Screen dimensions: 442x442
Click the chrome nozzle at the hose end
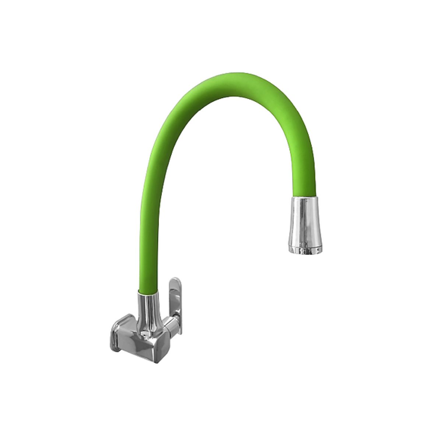coord(304,225)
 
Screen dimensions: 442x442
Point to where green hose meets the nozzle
coord(304,197)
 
